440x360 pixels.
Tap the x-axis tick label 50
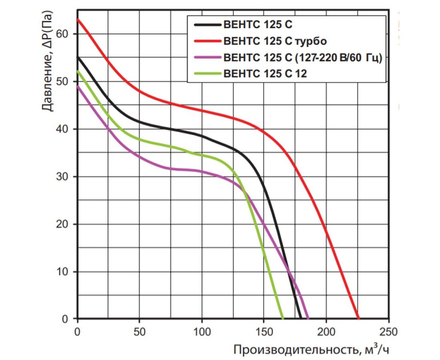pos(140,332)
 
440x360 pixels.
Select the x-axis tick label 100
pos(202,332)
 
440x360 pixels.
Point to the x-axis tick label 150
pos(264,332)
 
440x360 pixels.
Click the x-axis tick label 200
pos(326,332)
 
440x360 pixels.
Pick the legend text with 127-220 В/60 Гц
pos(303,58)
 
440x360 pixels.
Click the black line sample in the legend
pos(207,25)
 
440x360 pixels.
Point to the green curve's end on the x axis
pos(283,319)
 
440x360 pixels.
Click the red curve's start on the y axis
pos(78,19)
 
